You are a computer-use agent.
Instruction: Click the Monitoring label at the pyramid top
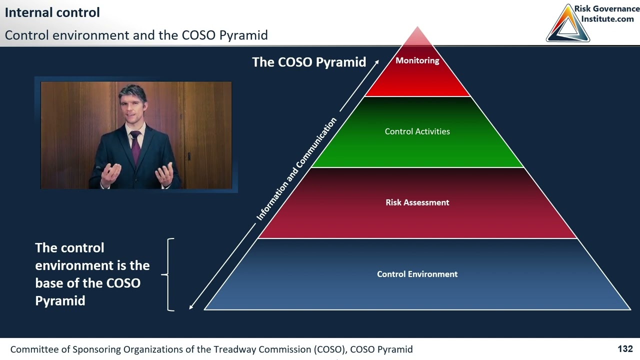pyautogui.click(x=417, y=60)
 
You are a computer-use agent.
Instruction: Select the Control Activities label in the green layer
pyautogui.click(x=417, y=131)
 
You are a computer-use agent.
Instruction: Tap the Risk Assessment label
pyautogui.click(x=417, y=202)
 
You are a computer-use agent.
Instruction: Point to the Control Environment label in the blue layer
pyautogui.click(x=417, y=274)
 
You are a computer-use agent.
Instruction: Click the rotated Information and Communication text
pyautogui.click(x=296, y=169)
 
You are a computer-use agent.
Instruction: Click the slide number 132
pyautogui.click(x=625, y=349)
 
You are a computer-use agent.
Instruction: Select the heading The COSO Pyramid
pyautogui.click(x=309, y=62)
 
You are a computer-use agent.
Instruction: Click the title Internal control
pyautogui.click(x=52, y=12)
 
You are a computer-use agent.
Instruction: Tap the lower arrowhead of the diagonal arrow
pyautogui.click(x=191, y=307)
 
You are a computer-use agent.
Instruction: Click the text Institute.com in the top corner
pyautogui.click(x=607, y=19)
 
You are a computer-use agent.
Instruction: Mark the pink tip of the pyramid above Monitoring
pyautogui.click(x=417, y=35)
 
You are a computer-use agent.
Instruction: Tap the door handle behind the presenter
pyautogui.click(x=189, y=156)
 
